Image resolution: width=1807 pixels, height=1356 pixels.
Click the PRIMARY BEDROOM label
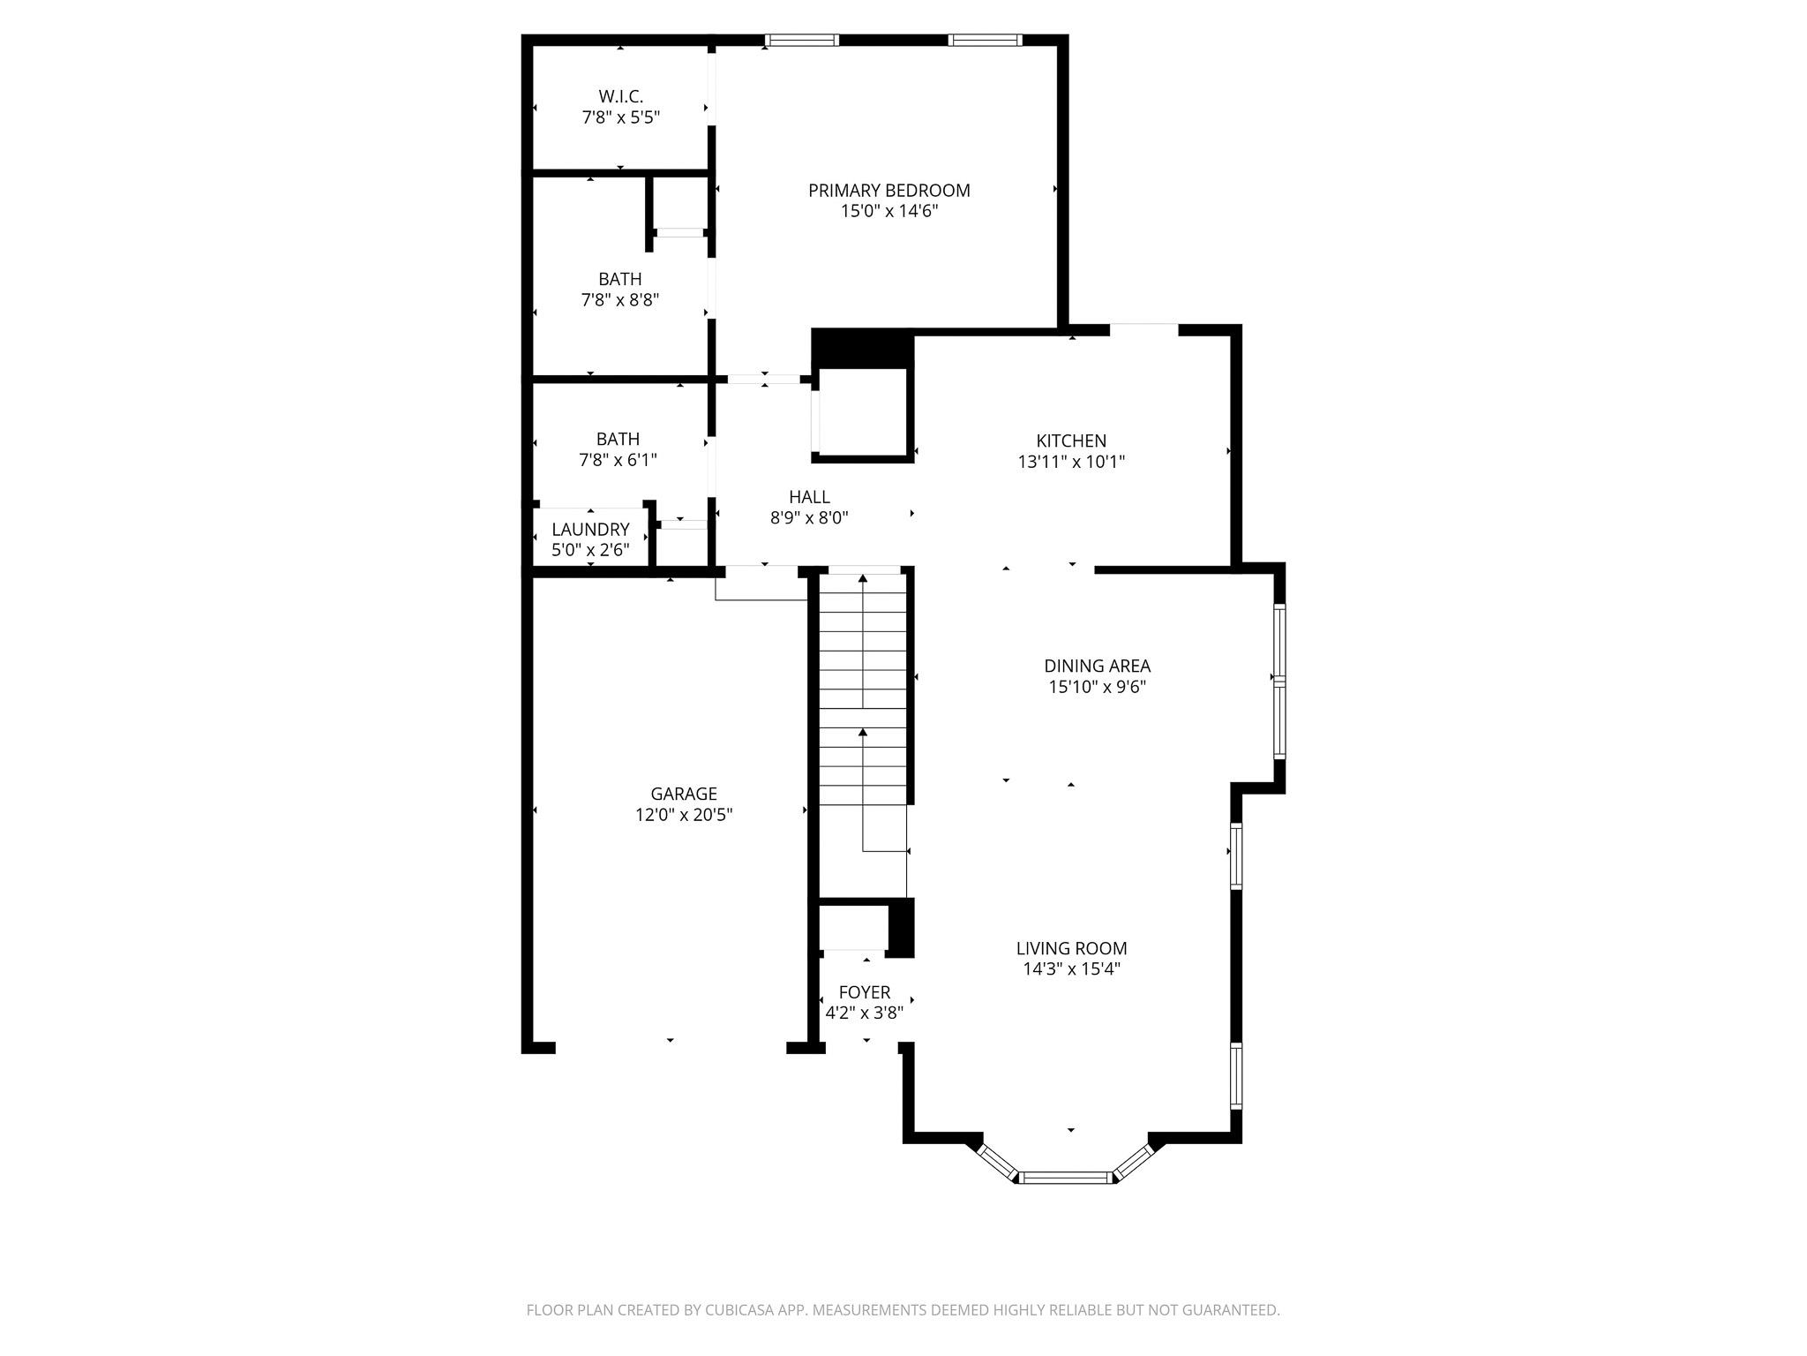[x=889, y=191]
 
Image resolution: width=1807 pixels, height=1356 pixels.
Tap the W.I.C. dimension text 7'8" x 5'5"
[x=620, y=117]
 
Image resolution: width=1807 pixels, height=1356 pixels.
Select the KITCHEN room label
[x=1070, y=441]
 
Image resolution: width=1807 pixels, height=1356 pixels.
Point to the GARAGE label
[x=683, y=794]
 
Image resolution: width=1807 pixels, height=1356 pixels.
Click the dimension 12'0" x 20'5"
[x=683, y=815]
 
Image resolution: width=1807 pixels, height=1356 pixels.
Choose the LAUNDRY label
[x=590, y=530]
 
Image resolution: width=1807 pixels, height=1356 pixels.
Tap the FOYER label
[x=864, y=992]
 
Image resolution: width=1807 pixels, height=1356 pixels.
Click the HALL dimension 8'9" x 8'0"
[x=808, y=518]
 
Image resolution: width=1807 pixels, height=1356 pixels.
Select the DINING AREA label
[x=1096, y=667]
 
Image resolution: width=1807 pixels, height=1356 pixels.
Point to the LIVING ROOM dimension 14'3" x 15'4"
[x=1070, y=969]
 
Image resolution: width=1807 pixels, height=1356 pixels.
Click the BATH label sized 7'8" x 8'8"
[x=619, y=279]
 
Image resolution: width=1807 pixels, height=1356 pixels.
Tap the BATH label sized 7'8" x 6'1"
[x=618, y=439]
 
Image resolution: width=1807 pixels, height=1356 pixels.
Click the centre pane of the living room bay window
[x=1065, y=1177]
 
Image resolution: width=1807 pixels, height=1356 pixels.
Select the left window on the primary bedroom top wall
[x=801, y=40]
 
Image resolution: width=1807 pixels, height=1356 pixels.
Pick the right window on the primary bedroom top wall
[x=985, y=40]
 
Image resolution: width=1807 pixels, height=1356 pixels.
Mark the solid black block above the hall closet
[x=861, y=348]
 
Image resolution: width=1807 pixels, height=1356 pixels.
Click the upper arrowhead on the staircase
[x=862, y=580]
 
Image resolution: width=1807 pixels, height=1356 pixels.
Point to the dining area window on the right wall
[x=1278, y=680]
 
